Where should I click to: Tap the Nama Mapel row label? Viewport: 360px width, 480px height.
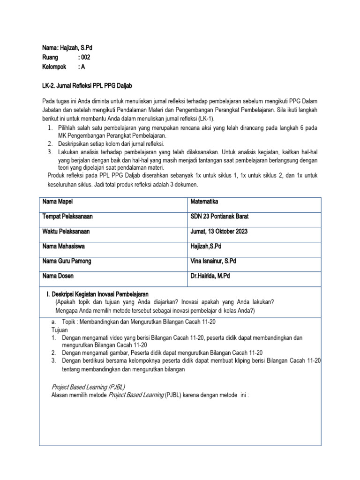(x=58, y=202)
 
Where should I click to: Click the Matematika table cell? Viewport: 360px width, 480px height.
(x=205, y=202)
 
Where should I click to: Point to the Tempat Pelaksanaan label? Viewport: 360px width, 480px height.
(x=67, y=217)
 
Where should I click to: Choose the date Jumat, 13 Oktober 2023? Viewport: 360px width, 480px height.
(x=219, y=232)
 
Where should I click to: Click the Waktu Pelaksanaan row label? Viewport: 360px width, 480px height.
(x=66, y=232)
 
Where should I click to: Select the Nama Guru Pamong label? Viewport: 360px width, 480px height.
(x=65, y=261)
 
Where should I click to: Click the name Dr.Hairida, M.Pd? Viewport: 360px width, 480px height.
(x=210, y=276)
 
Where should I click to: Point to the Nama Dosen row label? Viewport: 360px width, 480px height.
(x=58, y=276)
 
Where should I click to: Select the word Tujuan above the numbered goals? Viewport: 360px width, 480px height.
(x=60, y=330)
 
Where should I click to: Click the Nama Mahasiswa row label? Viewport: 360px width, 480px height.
(x=64, y=246)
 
